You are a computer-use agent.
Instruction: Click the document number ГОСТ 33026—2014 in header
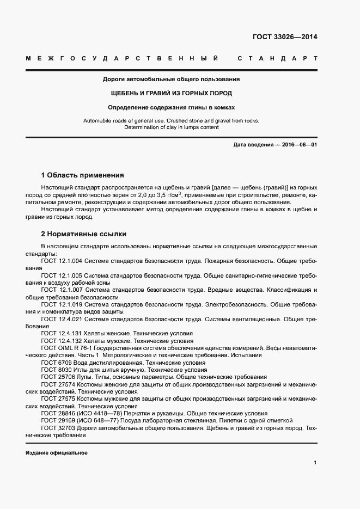pos(284,38)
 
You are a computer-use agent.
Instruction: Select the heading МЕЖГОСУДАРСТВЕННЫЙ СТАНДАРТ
pos(171,58)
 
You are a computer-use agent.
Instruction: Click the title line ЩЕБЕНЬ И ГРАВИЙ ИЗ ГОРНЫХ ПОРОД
pos(172,93)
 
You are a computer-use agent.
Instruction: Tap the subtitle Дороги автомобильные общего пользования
pos(172,79)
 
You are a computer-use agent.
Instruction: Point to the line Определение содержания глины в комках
pos(172,107)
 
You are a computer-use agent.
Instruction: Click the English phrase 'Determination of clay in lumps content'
pos(172,127)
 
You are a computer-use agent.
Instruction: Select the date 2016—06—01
pos(298,145)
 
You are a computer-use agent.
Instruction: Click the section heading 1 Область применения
pos(83,175)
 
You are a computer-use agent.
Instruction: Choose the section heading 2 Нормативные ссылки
pos(84,234)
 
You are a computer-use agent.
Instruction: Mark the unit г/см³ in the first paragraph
pos(173,194)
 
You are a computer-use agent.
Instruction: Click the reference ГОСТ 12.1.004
pos(62,261)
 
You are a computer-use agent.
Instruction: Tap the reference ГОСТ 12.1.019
pos(62,304)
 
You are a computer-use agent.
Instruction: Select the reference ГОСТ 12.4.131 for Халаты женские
pos(62,333)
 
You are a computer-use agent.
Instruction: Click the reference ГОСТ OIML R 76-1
pos(68,348)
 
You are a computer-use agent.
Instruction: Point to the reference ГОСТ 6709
pos(56,362)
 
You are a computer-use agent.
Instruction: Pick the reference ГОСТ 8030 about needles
pos(56,370)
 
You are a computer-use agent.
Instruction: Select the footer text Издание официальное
pos(56,453)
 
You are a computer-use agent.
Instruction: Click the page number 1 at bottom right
pos(315,463)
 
